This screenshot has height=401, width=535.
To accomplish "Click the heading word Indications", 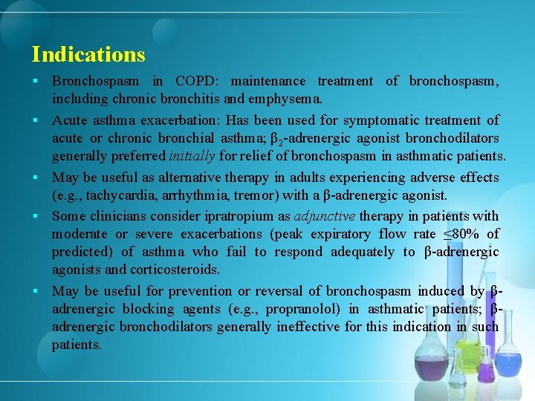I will pos(88,54).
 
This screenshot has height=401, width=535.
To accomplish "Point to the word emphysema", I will pos(286,98).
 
